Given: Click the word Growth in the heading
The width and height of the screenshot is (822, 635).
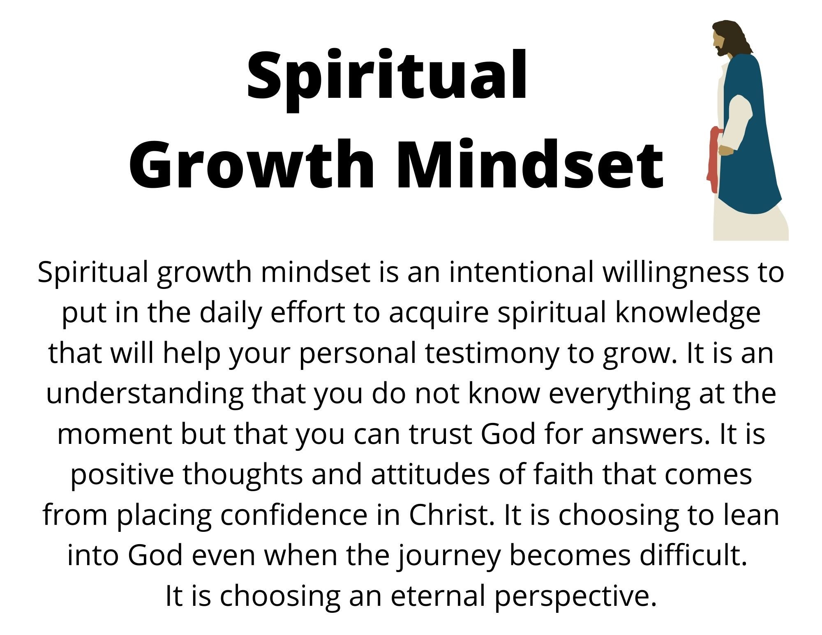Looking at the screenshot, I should [x=251, y=164].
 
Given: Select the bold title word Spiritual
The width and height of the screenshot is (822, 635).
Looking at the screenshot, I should [x=387, y=76].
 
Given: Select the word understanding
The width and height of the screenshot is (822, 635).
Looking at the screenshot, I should [x=144, y=393].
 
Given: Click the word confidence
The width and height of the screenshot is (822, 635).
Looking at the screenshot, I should [x=294, y=514].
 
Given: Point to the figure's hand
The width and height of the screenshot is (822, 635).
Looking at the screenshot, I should [x=725, y=151].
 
